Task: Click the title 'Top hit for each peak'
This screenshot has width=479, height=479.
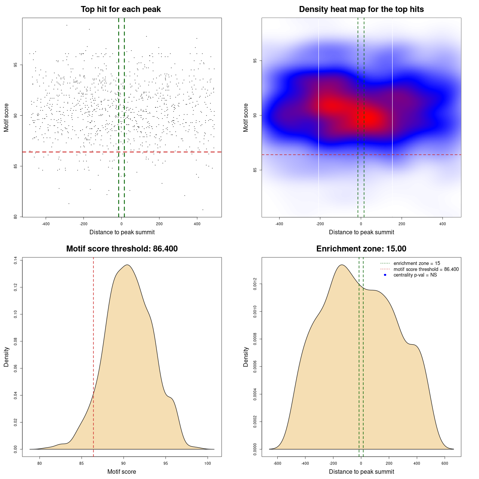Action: tap(120, 9)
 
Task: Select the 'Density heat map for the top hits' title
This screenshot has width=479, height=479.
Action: tap(361, 9)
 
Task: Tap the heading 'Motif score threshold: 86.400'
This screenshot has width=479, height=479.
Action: tap(122, 249)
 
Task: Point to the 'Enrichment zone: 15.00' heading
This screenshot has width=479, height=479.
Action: tap(361, 249)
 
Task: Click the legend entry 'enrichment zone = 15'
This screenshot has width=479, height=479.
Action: tap(417, 263)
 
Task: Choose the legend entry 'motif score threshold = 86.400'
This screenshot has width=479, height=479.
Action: tap(426, 269)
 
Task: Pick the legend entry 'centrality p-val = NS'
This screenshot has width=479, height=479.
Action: tap(415, 275)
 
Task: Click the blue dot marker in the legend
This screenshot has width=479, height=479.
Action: tap(385, 275)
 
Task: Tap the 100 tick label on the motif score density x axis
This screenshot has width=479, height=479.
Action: tap(208, 463)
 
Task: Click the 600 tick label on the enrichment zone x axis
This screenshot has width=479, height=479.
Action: tap(445, 463)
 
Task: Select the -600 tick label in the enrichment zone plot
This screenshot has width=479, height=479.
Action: tap(277, 463)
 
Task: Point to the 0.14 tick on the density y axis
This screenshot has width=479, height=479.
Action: tap(15, 260)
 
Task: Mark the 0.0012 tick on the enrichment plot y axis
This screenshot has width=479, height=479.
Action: tap(255, 284)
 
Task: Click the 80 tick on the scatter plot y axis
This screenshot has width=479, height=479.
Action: tap(15, 217)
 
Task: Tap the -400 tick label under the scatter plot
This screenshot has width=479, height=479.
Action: tap(46, 224)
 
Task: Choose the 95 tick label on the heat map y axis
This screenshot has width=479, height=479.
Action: tap(255, 61)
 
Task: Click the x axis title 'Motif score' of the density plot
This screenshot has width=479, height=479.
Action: tap(122, 472)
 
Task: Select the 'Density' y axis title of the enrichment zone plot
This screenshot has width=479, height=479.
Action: tap(246, 357)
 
